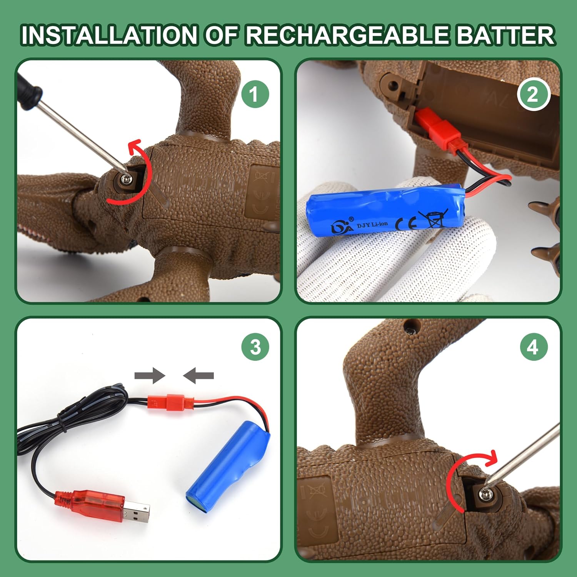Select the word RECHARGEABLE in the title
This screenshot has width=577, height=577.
click(347, 35)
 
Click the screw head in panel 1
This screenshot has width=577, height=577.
click(126, 178)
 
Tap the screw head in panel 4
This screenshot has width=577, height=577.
click(485, 493)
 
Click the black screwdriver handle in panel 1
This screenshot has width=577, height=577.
click(28, 87)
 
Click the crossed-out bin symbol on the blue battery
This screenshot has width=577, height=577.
click(433, 218)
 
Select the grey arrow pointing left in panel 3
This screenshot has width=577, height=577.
click(198, 375)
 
